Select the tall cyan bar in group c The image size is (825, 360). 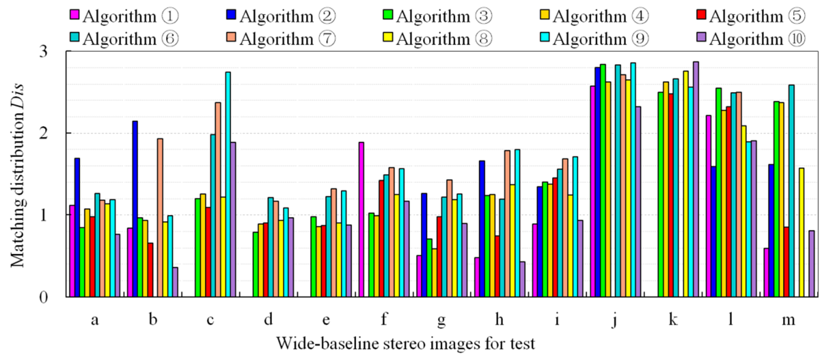(x=228, y=184)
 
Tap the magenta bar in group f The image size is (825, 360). (x=361, y=220)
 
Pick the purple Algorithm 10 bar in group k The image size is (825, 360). (x=696, y=179)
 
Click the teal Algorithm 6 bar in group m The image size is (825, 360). (x=791, y=191)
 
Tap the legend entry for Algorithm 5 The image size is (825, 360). (x=751, y=16)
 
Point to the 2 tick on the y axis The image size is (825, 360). (x=43, y=133)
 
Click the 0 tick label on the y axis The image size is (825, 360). (x=43, y=297)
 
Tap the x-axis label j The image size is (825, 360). (x=615, y=319)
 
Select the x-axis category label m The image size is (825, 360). (x=788, y=319)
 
